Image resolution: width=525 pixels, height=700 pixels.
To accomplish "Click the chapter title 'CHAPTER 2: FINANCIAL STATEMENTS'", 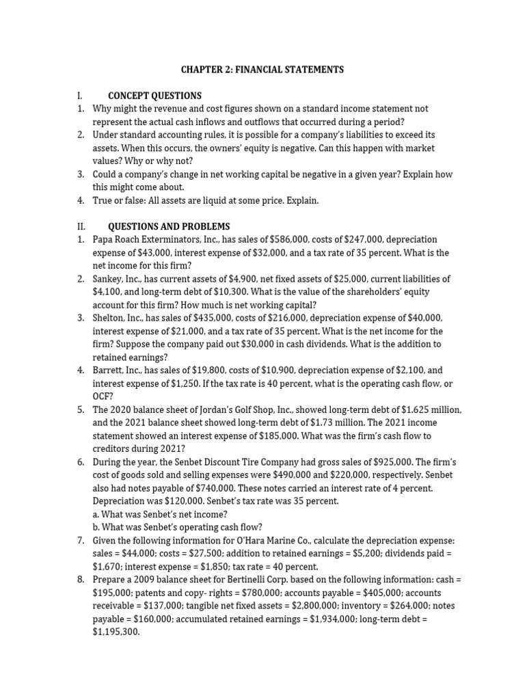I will (x=262, y=70).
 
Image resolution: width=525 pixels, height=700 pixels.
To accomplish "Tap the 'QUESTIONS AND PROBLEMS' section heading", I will (x=169, y=226).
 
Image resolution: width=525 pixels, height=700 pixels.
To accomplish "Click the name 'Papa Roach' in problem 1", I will (x=116, y=239).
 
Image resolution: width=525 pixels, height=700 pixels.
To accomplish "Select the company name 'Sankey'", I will (x=109, y=279).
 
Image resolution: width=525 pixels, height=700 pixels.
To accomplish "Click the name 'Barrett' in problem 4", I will (x=109, y=371).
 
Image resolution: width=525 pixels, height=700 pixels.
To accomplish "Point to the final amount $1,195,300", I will (x=116, y=632).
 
